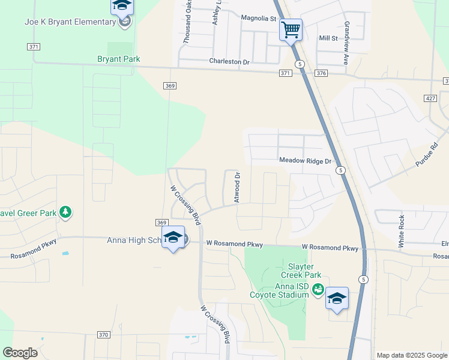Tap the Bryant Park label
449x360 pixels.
coord(119,59)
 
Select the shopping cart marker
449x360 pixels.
coord(291,29)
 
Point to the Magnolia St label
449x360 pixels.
coord(258,19)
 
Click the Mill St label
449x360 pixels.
coord(328,38)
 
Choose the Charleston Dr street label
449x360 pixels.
coord(229,61)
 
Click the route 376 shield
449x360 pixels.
coord(321,73)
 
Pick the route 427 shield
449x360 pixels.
coord(429,98)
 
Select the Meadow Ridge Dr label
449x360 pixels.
coord(305,161)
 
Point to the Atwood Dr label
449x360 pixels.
coord(237,187)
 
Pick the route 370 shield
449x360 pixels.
coord(103,335)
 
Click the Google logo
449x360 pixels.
coord(20,353)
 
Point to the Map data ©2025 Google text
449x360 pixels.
coord(412,355)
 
